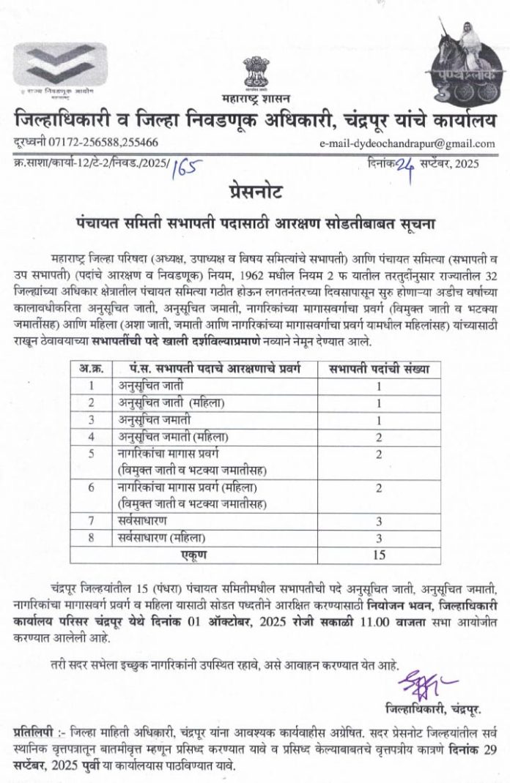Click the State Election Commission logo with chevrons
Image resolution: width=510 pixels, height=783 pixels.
click(x=60, y=67)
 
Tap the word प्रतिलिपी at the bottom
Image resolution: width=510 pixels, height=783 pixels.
click(x=34, y=733)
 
